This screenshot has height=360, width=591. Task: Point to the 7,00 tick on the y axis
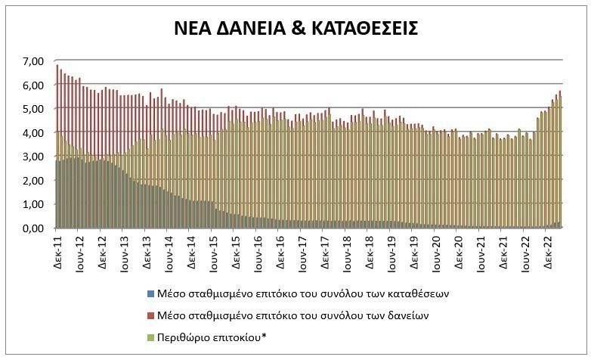pyautogui.click(x=34, y=61)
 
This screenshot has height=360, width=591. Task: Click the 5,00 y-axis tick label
pyautogui.click(x=34, y=108)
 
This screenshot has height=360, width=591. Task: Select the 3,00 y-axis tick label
pyautogui.click(x=34, y=157)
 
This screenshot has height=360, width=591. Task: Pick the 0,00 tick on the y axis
pyautogui.click(x=34, y=228)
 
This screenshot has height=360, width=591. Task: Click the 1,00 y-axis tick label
pyautogui.click(x=34, y=204)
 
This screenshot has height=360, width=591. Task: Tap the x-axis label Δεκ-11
pyautogui.click(x=58, y=250)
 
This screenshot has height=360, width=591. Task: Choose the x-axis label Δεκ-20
pyautogui.click(x=458, y=250)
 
